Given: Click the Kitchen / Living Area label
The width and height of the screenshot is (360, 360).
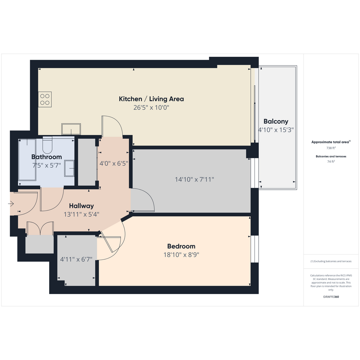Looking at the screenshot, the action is (151, 99).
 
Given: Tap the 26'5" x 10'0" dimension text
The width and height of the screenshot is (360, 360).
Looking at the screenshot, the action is (151, 107).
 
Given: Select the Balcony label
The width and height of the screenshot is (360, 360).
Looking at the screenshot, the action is (276, 122).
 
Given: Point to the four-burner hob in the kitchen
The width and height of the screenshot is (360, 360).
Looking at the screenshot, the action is (45, 100).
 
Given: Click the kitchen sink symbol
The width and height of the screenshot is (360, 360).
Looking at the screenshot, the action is (71, 129).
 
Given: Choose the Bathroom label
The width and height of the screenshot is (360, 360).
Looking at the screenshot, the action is (46, 157).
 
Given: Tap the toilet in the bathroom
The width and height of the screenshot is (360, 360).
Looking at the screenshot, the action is (48, 145).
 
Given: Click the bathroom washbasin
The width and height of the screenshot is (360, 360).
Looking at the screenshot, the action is (69, 168).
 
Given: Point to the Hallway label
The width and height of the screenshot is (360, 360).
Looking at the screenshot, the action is (81, 206).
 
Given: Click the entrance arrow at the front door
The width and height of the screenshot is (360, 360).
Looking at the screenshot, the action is (11, 204).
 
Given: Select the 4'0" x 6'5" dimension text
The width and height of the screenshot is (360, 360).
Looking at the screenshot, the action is (114, 164).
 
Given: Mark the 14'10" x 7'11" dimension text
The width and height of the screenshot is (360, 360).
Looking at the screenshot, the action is (194, 179).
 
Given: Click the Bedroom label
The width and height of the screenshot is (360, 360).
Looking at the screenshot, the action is (181, 246).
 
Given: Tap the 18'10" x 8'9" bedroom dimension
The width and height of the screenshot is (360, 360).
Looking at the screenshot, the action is (181, 254).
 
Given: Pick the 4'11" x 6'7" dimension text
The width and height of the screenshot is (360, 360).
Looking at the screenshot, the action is (76, 259).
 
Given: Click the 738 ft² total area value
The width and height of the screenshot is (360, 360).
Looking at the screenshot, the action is (331, 148).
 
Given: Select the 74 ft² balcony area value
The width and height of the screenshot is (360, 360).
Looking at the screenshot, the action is (331, 162).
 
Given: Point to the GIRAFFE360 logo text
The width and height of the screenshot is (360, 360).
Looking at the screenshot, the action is (331, 297).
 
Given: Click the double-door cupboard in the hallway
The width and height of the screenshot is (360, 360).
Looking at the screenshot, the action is (40, 228).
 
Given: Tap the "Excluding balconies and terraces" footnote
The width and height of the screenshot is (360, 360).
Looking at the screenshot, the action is (331, 261).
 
